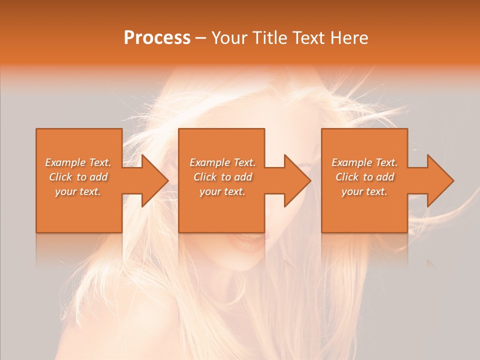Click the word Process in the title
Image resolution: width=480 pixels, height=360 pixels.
[x=157, y=38]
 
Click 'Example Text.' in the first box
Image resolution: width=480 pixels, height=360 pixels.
[x=78, y=162]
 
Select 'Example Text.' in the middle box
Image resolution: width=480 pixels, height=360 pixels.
[x=222, y=162]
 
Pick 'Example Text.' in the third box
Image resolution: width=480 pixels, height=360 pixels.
[x=364, y=162]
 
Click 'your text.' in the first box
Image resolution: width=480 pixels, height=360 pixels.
[x=78, y=191]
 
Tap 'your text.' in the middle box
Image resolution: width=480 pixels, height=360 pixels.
[x=222, y=191]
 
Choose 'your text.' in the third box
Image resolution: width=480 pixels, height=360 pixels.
[x=364, y=191]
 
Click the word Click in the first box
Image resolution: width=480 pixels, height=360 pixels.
[x=60, y=177]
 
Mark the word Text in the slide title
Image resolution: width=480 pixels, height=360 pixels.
[x=306, y=38]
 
